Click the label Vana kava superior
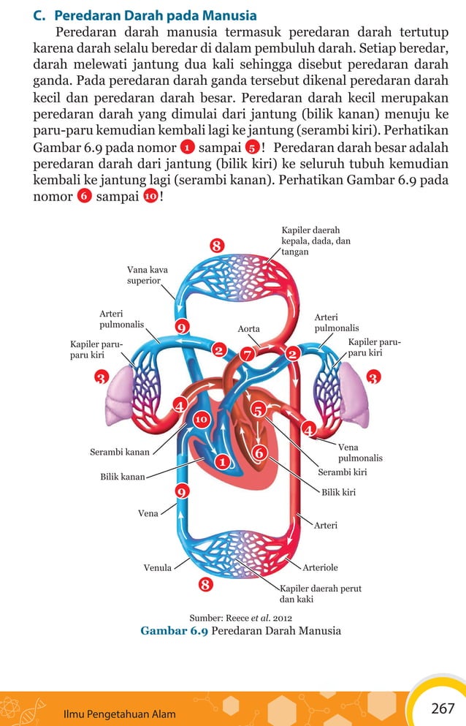(x=147, y=276)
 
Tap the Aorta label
(x=248, y=329)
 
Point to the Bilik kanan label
(x=122, y=477)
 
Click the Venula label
(x=157, y=567)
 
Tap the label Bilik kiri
(x=339, y=492)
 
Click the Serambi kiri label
(x=342, y=472)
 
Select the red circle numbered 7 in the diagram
(x=248, y=355)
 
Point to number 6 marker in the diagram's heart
(x=259, y=453)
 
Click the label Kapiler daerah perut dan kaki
(x=321, y=593)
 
